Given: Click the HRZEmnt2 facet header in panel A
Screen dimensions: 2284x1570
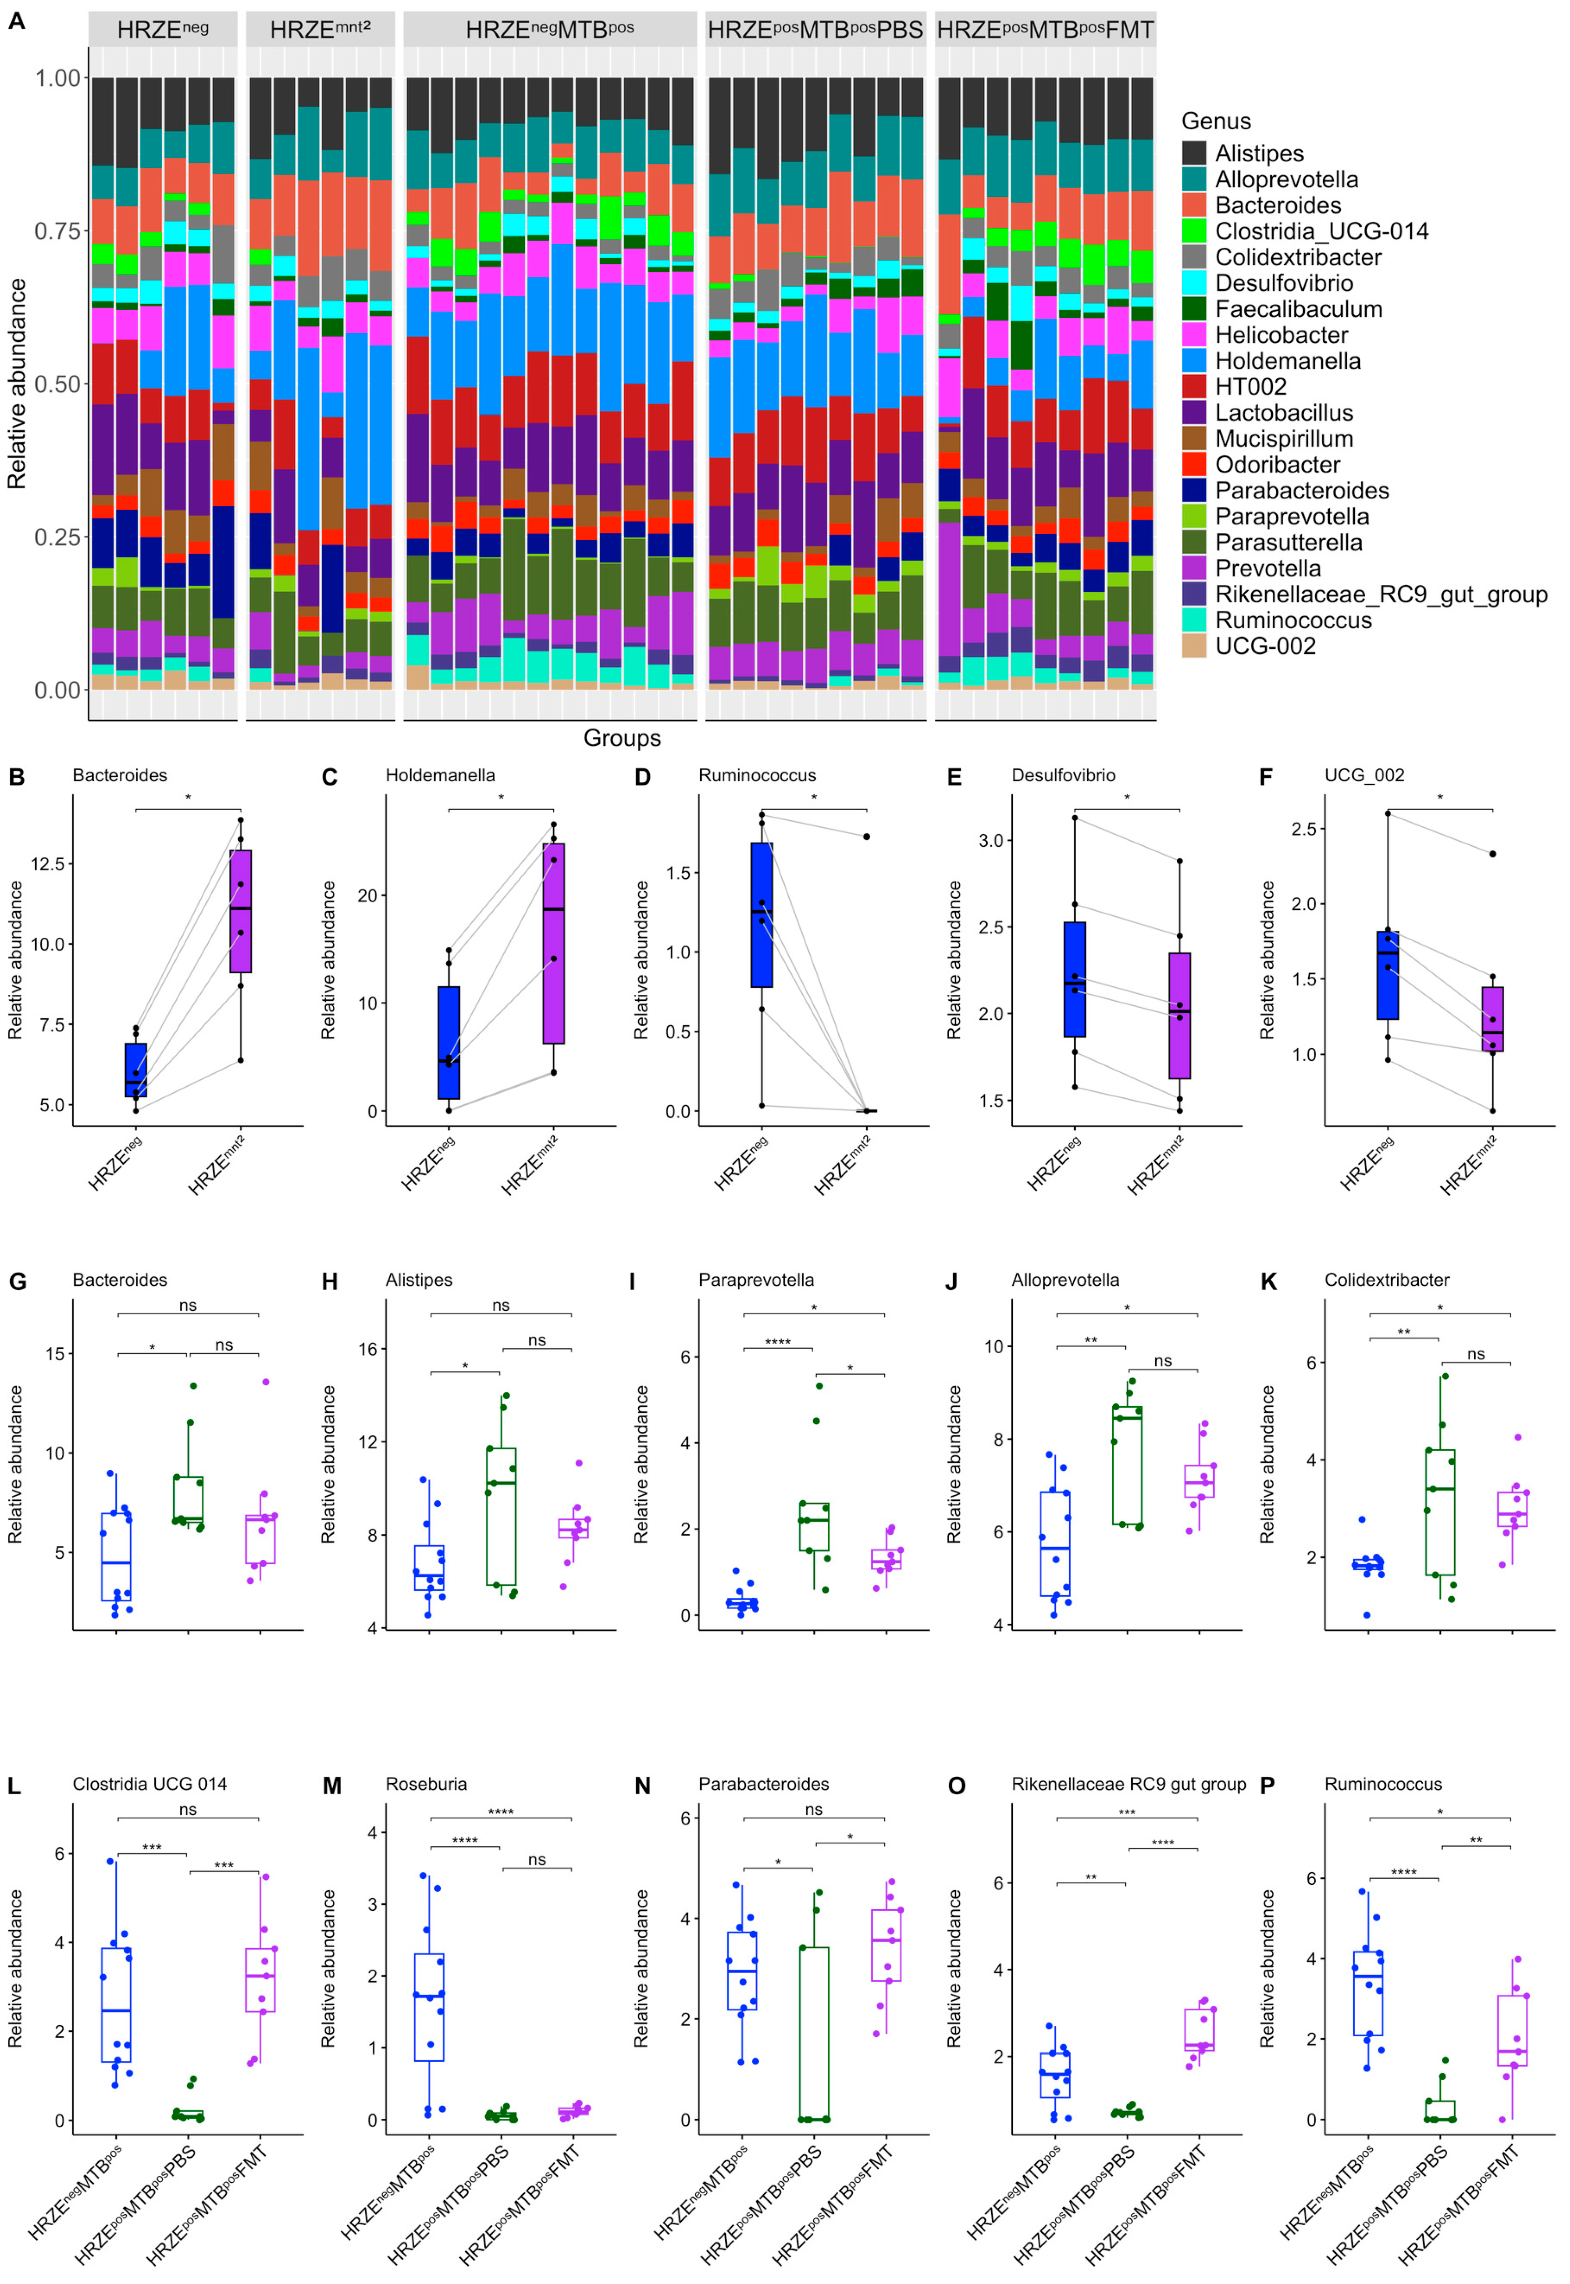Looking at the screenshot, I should click(320, 29).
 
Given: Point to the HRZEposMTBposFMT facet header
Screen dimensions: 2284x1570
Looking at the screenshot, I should click(1045, 29).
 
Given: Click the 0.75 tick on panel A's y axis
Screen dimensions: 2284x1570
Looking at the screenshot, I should click(57, 231).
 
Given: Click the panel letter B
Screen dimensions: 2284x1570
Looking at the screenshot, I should click(17, 777).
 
